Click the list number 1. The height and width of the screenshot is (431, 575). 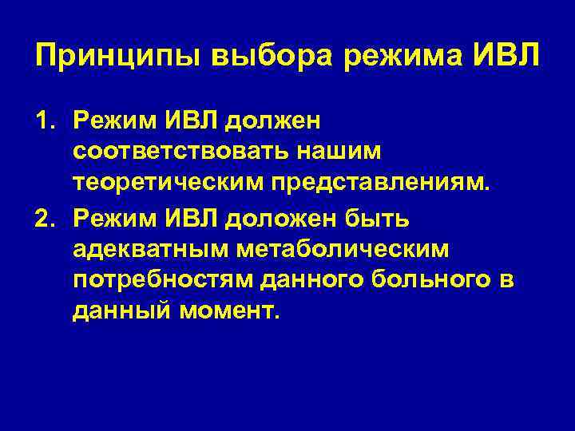coord(44,121)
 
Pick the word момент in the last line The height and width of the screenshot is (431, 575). coord(230,312)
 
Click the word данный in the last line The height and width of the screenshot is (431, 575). coord(121,312)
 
